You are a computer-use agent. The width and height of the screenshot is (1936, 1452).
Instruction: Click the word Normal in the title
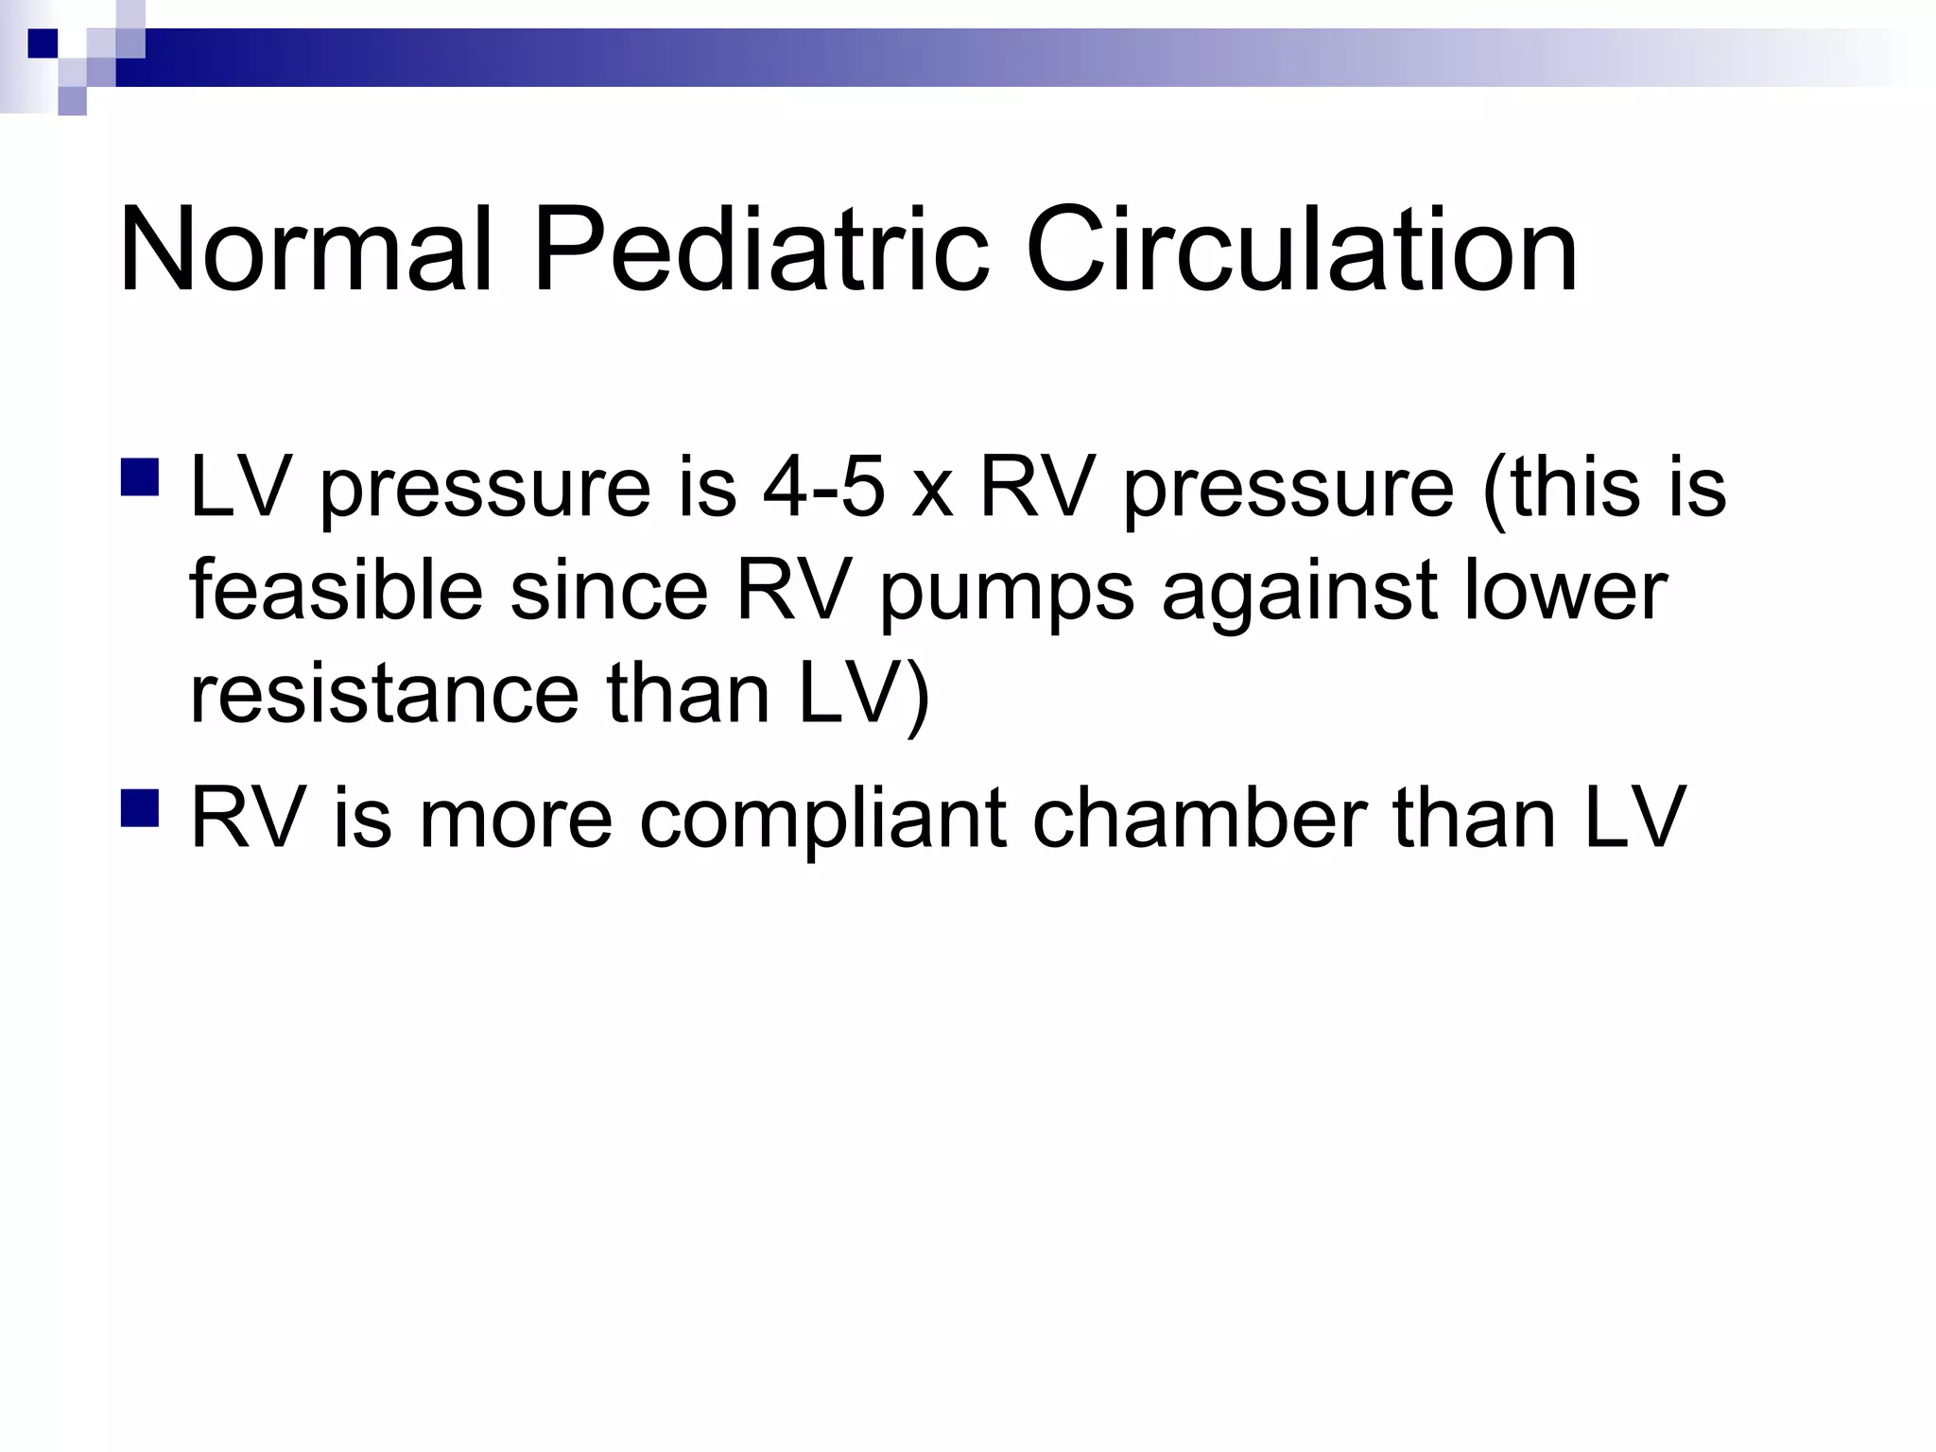(x=305, y=251)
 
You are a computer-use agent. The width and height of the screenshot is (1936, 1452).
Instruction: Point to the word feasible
(x=336, y=591)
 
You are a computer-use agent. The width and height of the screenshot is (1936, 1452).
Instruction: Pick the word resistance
(x=384, y=695)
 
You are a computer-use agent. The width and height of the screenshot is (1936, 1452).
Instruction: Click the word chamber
(x=1199, y=818)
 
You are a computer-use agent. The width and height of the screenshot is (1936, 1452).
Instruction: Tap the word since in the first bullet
(x=609, y=591)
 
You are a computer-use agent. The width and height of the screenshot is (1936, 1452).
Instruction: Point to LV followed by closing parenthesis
(x=862, y=695)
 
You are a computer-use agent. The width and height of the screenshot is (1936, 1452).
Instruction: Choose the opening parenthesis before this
(x=1495, y=490)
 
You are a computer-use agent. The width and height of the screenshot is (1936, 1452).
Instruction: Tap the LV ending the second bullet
(x=1634, y=818)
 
